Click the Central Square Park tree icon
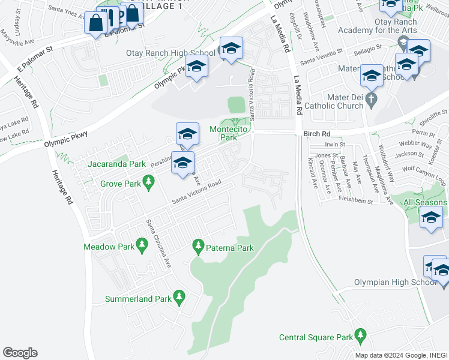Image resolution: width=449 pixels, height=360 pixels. click(x=360, y=334)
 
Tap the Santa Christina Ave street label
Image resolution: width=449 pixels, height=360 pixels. click(x=157, y=238)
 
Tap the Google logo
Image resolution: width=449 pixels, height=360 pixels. click(x=20, y=353)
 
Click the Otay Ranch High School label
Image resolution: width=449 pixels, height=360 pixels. click(x=170, y=53)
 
